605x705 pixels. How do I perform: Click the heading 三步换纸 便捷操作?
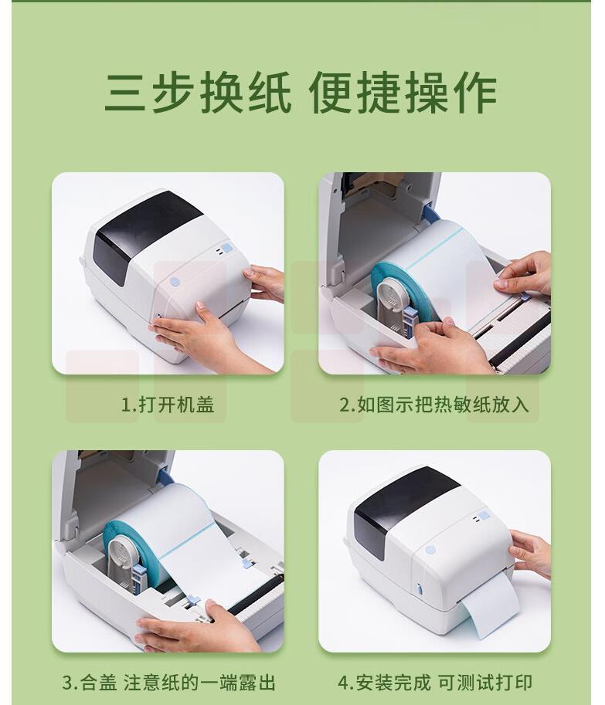point(301,92)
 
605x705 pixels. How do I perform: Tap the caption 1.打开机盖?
point(168,405)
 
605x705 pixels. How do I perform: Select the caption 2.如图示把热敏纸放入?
point(433,405)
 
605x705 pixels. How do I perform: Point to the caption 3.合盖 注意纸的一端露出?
point(168,683)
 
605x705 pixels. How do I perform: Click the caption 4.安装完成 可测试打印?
point(434,683)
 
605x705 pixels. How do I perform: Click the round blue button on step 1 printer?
point(175,282)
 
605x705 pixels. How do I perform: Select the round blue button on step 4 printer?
point(430,550)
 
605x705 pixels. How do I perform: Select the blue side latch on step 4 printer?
point(419,588)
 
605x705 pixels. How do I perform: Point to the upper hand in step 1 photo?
point(265,282)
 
